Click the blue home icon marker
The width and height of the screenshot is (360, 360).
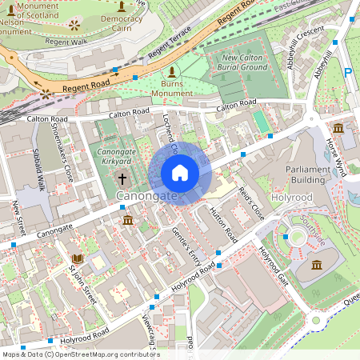point(180,173)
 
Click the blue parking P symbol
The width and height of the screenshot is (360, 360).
point(348,73)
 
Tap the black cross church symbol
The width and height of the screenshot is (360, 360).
point(122,179)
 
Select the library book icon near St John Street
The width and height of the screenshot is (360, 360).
point(78,258)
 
